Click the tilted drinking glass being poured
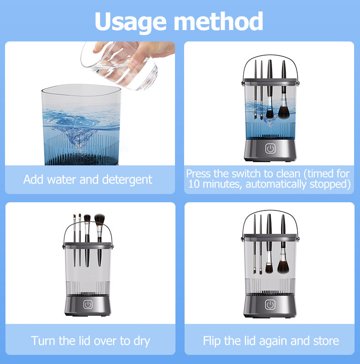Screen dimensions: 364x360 point(119,66)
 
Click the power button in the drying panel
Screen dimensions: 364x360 point(87,303)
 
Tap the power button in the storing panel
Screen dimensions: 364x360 point(270,304)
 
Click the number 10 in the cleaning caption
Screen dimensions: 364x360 point(195,185)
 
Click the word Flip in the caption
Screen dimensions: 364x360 point(213,340)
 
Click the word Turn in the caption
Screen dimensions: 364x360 point(42,340)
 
